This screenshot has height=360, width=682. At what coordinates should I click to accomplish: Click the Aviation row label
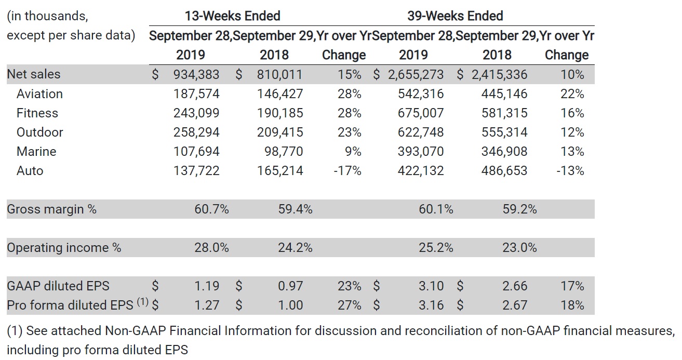pos(39,94)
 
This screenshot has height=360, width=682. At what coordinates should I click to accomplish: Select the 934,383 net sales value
pos(196,75)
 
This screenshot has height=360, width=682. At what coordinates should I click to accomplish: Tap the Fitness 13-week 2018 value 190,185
pos(280,113)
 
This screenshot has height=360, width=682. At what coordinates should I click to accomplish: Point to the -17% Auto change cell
pos(347,171)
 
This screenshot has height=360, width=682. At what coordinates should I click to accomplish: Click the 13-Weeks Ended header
pos(232,16)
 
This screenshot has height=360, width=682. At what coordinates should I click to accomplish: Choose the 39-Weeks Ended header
pos(455,16)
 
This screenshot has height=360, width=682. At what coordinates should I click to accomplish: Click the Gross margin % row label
pos(51,209)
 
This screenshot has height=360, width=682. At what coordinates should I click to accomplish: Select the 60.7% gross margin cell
pos(211,209)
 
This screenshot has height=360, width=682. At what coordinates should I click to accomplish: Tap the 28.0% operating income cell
pos(211,248)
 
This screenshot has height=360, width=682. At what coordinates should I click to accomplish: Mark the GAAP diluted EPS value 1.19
pos(207,286)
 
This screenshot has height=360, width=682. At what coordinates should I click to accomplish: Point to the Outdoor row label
pos(39,132)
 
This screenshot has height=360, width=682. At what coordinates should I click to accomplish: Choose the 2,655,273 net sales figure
pos(416,75)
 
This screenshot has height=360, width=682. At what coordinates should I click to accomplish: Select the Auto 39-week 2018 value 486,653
pos(504,171)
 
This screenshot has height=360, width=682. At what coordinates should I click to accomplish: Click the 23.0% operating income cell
pos(519,248)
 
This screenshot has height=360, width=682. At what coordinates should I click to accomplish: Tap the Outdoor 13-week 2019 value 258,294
pos(196,132)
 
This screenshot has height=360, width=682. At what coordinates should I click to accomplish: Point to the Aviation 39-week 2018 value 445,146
pos(504,94)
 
